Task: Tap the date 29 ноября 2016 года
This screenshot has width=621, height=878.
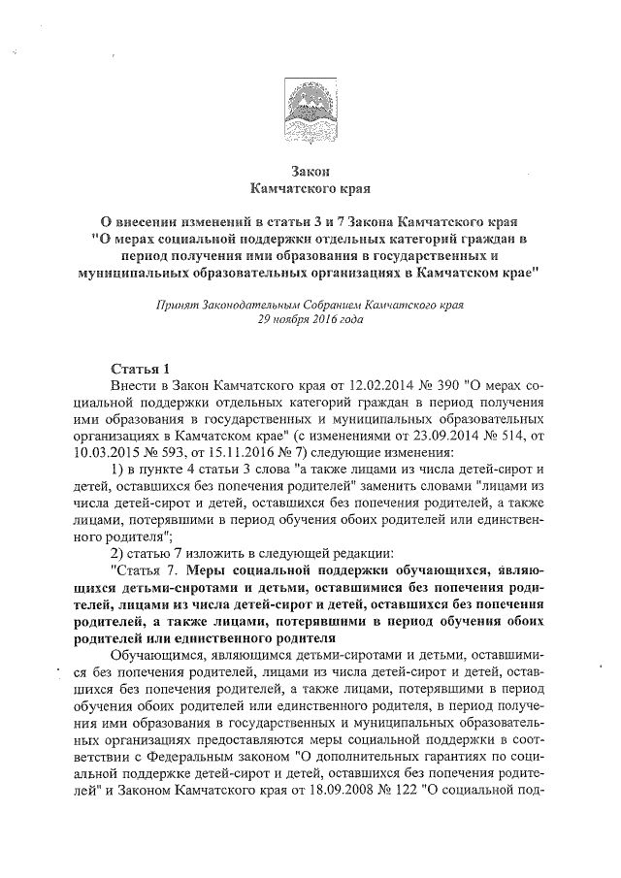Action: [310, 318]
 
